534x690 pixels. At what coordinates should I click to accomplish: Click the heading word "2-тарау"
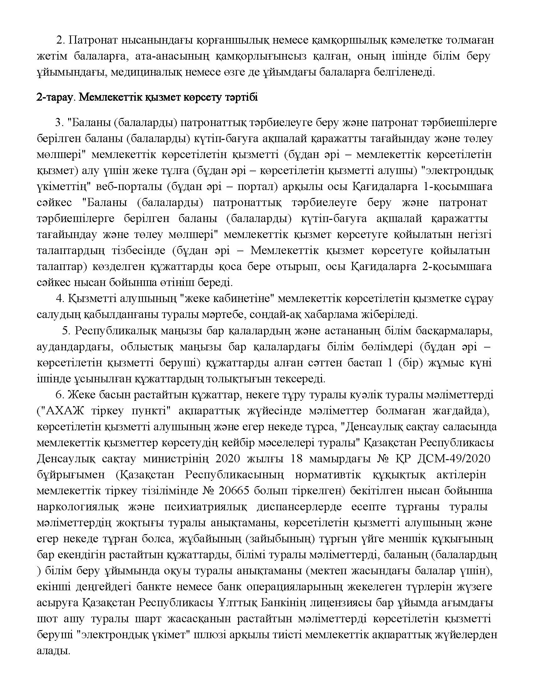tap(56, 97)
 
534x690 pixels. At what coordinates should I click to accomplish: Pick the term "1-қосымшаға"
tap(457, 187)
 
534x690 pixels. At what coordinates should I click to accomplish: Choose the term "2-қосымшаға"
tap(457, 267)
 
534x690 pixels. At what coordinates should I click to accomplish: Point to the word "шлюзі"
tap(215, 635)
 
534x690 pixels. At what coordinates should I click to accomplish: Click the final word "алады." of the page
tap(53, 651)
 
